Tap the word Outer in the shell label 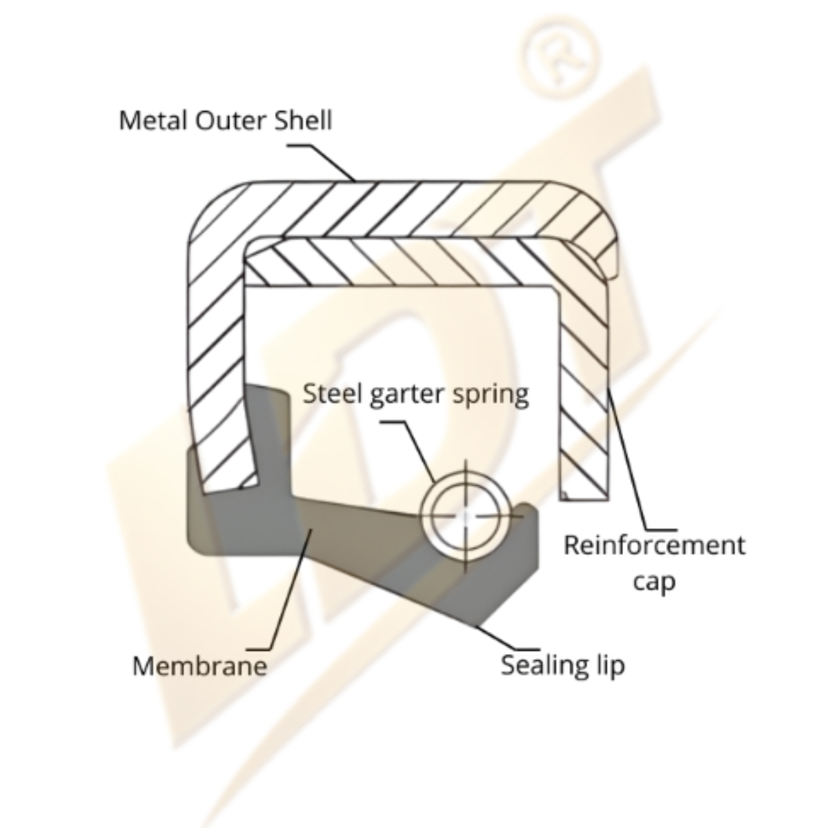click(x=232, y=121)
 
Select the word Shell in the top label click(x=304, y=121)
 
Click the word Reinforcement click(x=654, y=545)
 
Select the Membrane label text click(x=200, y=666)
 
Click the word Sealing click(x=544, y=667)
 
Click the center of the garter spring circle click(x=465, y=516)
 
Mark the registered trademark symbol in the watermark click(x=559, y=59)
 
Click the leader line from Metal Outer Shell click(x=322, y=163)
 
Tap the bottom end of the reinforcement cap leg click(x=584, y=500)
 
